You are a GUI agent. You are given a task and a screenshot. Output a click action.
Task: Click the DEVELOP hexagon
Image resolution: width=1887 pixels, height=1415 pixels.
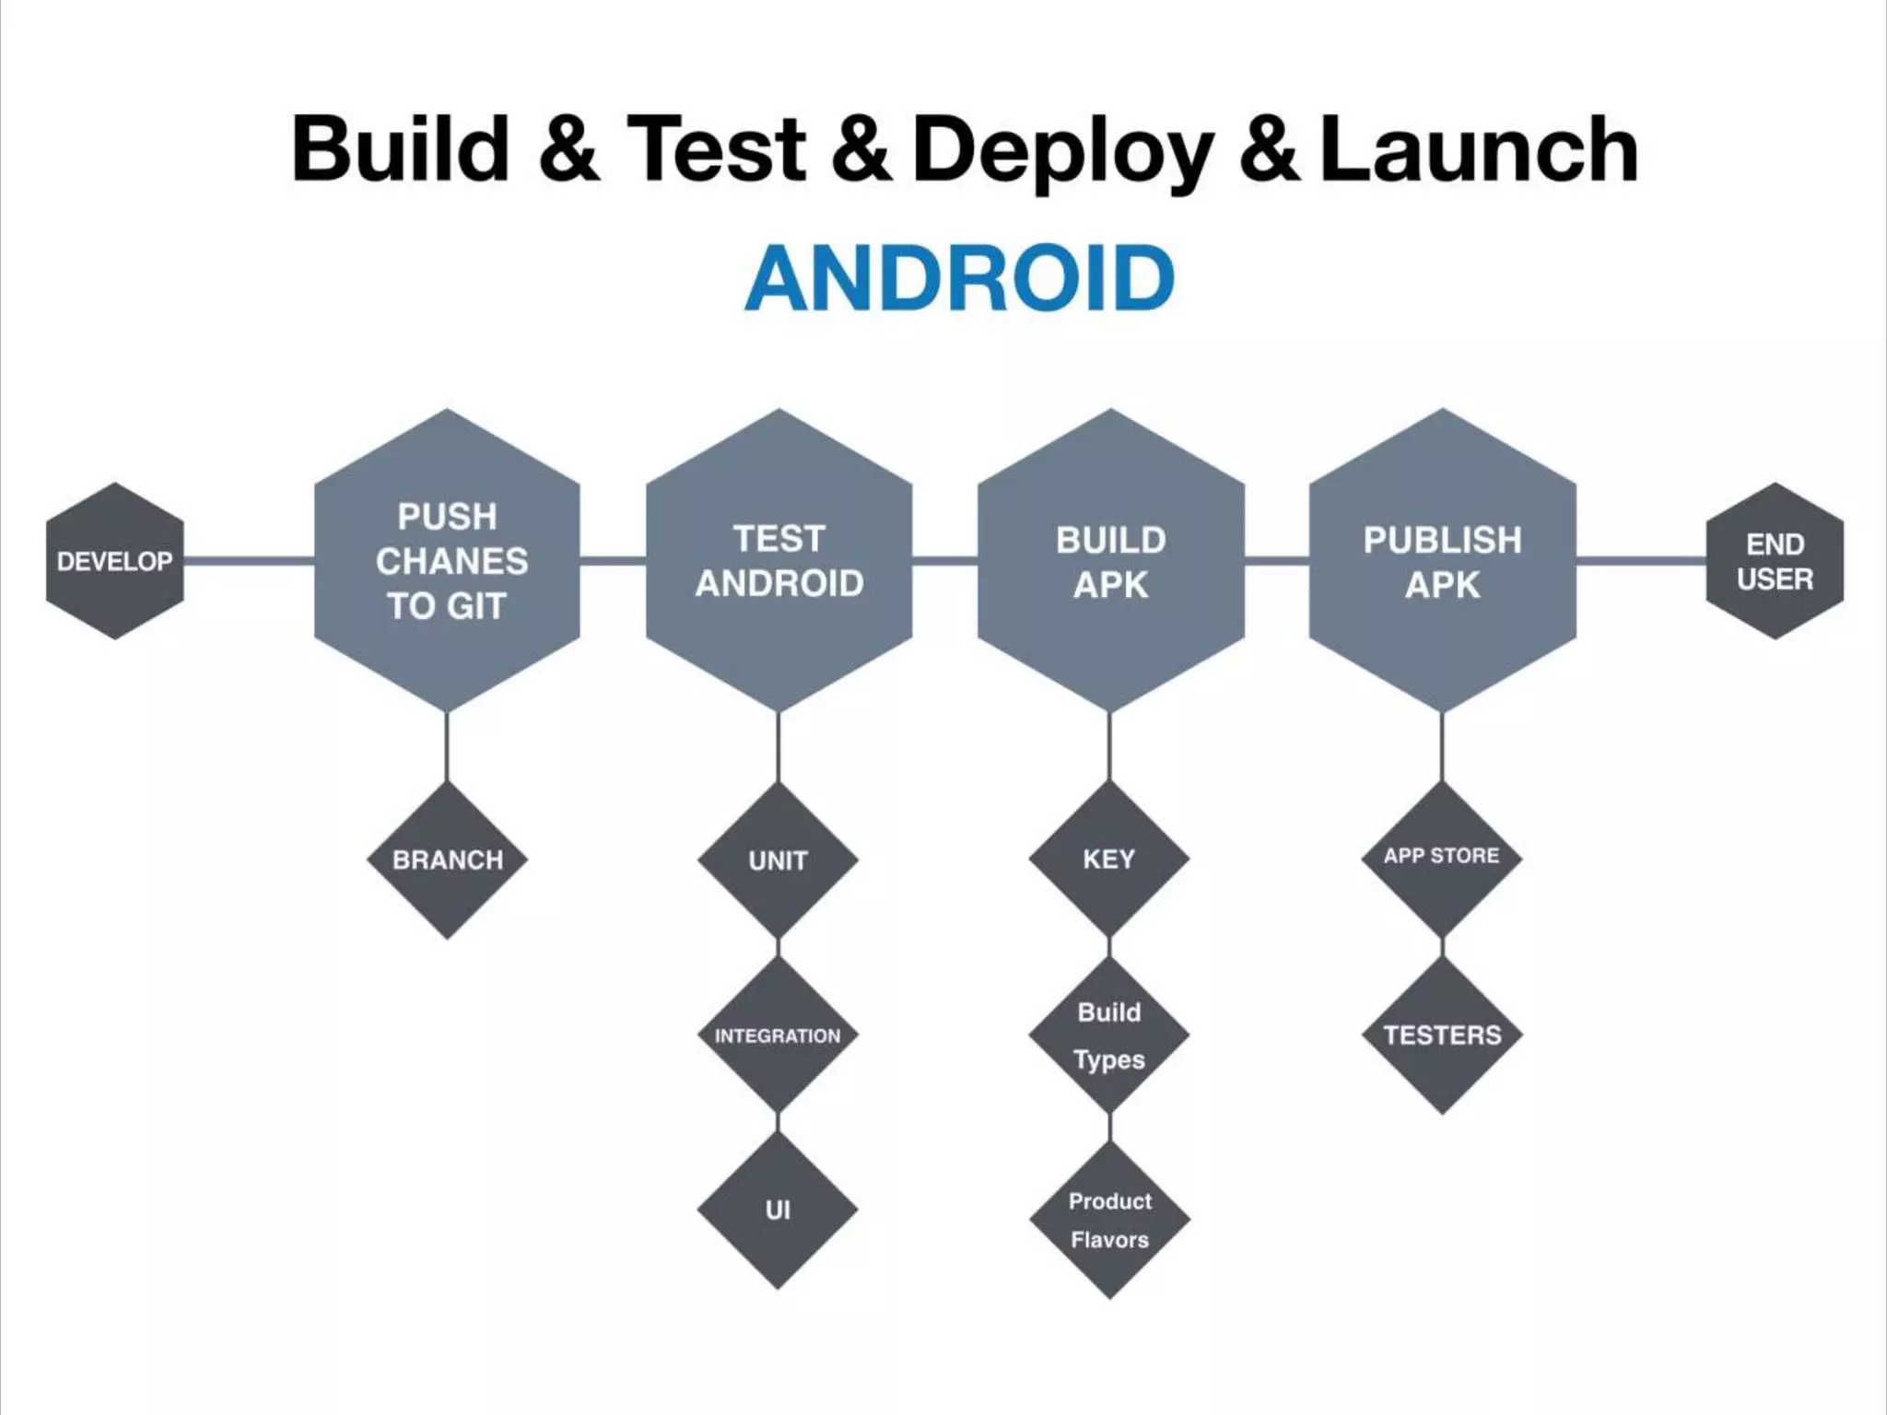point(115,561)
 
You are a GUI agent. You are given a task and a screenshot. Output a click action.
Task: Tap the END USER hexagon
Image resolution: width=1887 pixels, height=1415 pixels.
point(1775,561)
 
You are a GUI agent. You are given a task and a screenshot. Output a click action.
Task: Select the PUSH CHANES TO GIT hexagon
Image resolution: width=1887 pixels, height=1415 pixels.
point(448,560)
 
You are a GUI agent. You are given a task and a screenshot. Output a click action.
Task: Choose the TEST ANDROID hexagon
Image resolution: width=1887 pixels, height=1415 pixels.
point(779,560)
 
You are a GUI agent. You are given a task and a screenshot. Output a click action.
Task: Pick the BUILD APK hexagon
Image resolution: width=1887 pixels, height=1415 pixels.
point(1111,560)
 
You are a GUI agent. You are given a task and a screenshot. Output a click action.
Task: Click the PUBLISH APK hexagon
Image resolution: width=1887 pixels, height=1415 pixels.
point(1443,560)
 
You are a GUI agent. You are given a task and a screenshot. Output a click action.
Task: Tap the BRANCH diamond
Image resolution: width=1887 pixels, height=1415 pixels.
point(448,860)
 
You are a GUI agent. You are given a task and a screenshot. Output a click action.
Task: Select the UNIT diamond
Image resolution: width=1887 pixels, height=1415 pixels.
point(779,860)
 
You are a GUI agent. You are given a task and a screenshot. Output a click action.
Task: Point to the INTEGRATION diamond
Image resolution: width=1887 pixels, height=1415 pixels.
point(779,1035)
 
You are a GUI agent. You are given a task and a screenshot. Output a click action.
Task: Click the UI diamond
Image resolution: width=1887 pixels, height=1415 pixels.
point(779,1210)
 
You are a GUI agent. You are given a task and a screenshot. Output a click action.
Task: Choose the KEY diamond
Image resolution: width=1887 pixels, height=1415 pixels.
point(1109,859)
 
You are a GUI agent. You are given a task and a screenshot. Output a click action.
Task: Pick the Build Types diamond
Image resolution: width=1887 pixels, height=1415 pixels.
point(1109,1035)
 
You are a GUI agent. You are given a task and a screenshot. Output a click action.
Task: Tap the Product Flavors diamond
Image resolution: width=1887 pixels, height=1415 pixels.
point(1110,1220)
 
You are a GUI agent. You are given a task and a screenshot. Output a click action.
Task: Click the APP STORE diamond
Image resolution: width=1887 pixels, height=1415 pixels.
point(1442,857)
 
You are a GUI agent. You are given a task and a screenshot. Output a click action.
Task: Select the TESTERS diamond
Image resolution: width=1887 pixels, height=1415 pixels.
point(1442,1035)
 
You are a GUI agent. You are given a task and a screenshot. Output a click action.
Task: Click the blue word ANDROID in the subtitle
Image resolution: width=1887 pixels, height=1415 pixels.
point(959,278)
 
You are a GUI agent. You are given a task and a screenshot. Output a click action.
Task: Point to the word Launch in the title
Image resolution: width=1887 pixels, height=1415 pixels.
point(1480,149)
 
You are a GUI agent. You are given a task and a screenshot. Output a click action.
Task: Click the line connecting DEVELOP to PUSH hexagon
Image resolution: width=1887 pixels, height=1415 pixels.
point(249,560)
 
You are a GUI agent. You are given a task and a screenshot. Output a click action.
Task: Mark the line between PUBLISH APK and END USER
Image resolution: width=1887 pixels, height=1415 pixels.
point(1641,560)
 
